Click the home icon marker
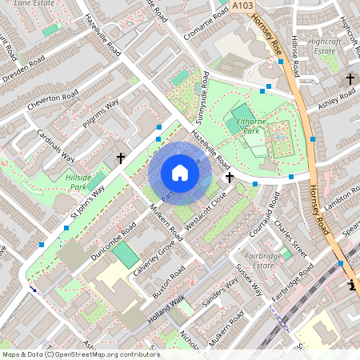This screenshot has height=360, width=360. click(180, 173)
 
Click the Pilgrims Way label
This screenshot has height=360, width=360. click(101, 113)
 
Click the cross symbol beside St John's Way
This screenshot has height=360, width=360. click(121, 158)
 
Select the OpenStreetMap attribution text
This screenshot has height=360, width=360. click(81, 354)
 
